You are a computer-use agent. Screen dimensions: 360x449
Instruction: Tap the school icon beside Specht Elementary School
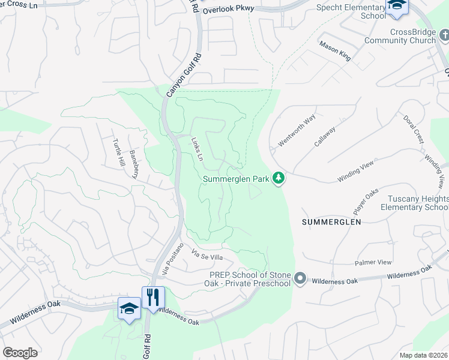[x=397, y=6]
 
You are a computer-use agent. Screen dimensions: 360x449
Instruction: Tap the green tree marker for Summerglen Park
[x=278, y=178]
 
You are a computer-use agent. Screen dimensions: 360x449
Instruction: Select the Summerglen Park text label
[x=236, y=179]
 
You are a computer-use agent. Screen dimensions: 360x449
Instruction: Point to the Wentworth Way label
[x=297, y=131]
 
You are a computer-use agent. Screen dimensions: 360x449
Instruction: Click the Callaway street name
[x=325, y=136]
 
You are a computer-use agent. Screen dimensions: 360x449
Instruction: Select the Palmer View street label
[x=373, y=263]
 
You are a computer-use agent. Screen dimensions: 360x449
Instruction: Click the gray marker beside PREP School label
[x=301, y=279]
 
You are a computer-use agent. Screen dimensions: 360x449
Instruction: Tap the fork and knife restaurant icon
[x=153, y=297]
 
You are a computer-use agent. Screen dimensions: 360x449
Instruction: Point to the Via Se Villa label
[x=207, y=257]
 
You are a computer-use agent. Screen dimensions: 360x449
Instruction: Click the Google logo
[x=20, y=353]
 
